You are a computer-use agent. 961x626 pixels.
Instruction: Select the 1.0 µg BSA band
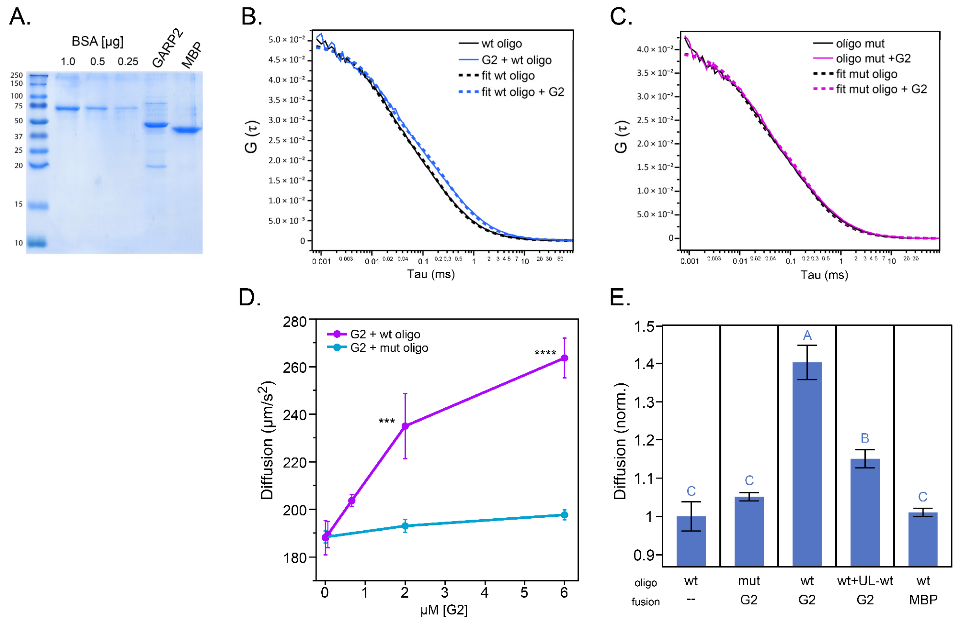pyautogui.click(x=67, y=108)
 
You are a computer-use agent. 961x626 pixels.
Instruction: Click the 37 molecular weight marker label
pyautogui.click(x=18, y=136)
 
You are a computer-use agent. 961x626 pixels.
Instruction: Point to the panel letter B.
pyautogui.click(x=251, y=17)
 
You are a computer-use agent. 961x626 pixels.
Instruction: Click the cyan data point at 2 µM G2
pyautogui.click(x=405, y=526)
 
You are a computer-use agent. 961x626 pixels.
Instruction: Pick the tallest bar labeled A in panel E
pyautogui.click(x=807, y=464)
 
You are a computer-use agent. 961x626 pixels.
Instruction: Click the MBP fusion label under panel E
pyautogui.click(x=923, y=600)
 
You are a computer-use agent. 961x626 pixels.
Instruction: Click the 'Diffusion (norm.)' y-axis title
pyautogui.click(x=620, y=441)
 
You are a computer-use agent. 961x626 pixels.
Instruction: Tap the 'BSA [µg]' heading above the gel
pyautogui.click(x=97, y=41)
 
